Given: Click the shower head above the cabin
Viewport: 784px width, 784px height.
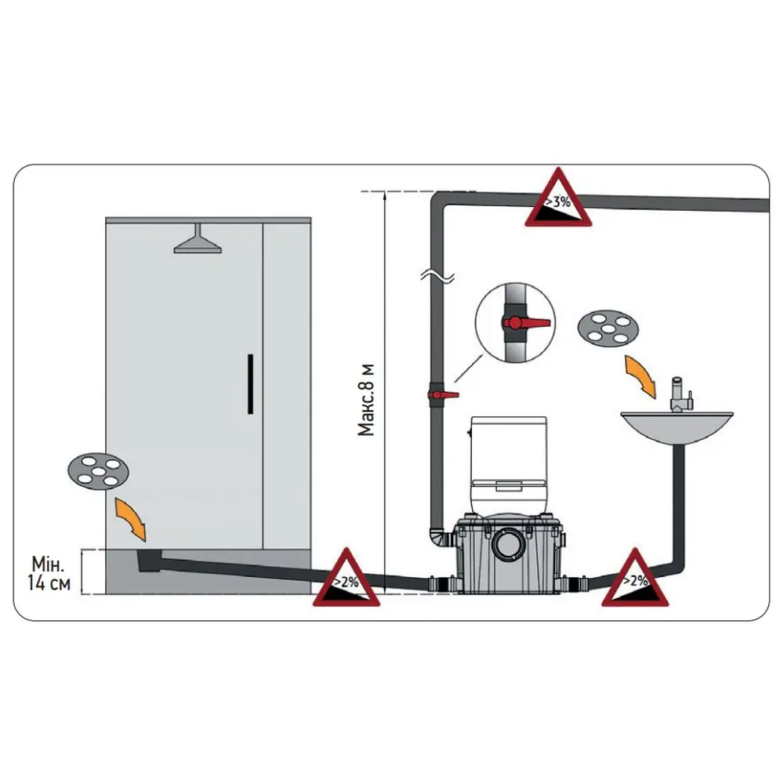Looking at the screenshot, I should pos(198,241).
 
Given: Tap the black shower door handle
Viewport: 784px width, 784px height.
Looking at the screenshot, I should pos(249,383).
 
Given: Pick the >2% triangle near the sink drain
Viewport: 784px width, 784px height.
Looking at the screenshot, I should pos(634,581).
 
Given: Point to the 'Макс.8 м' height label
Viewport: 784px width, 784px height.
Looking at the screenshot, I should pos(367,399).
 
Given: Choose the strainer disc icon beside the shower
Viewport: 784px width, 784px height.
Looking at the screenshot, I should pos(98,470).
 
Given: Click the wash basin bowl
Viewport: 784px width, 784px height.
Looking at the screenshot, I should pos(677,426).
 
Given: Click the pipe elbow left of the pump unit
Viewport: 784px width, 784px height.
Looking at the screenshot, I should pos(440,540).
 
